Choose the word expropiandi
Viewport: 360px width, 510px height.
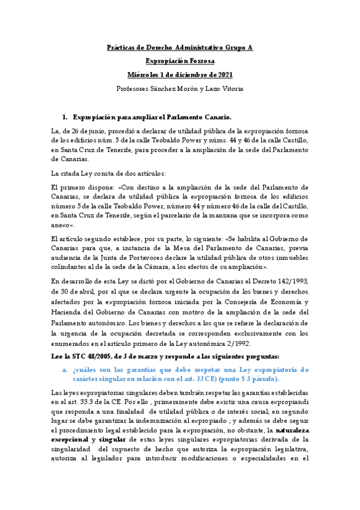pyautogui.click(x=290, y=417)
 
